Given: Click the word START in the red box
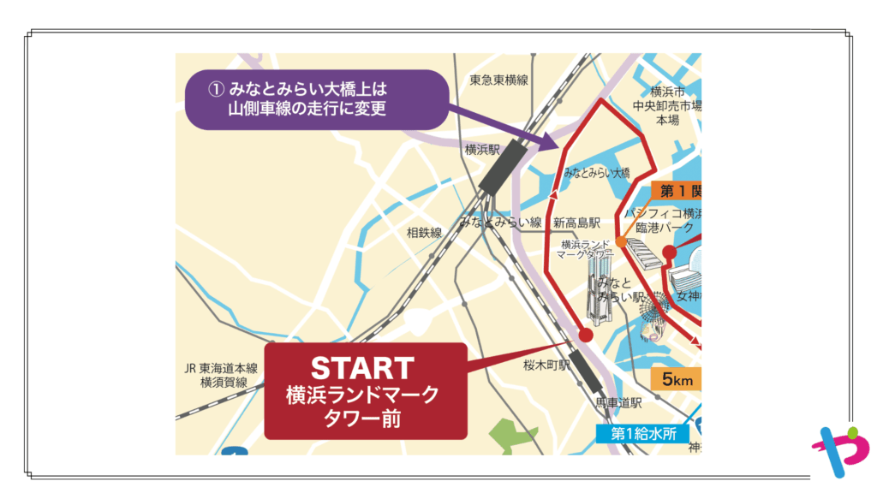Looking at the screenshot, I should click(x=362, y=368).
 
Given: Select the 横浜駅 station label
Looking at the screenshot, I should click(x=482, y=149).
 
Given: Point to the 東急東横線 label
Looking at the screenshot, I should click(x=499, y=80).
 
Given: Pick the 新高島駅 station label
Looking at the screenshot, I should click(x=576, y=223).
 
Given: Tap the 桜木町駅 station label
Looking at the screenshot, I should click(x=546, y=365).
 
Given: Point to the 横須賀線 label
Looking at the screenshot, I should click(x=224, y=383).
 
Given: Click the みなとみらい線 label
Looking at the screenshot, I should click(x=501, y=222).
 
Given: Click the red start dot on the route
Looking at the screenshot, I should click(x=585, y=334).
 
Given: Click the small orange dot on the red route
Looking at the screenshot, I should click(x=621, y=242).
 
